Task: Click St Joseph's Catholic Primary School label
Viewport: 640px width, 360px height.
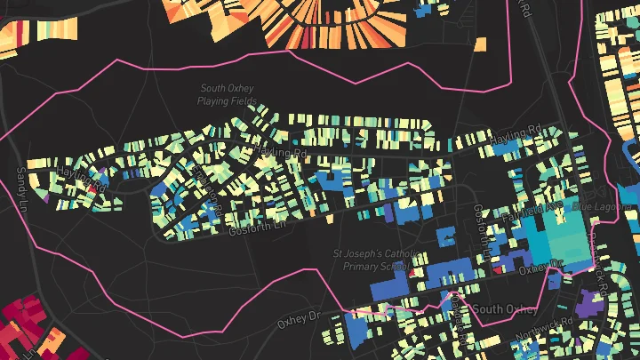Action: click(x=374, y=259)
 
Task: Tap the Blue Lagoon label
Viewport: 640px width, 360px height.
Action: click(x=593, y=206)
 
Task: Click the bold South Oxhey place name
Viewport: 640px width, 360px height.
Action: click(x=504, y=309)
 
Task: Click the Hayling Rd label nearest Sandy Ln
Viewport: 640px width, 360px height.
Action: click(x=82, y=178)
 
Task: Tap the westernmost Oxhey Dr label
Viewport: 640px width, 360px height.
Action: click(x=297, y=317)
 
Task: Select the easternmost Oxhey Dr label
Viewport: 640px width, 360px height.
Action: click(x=542, y=264)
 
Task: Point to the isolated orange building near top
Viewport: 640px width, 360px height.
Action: click(x=481, y=44)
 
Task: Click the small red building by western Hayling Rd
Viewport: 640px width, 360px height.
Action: click(x=91, y=188)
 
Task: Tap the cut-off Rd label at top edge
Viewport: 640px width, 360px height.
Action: click(x=525, y=8)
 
